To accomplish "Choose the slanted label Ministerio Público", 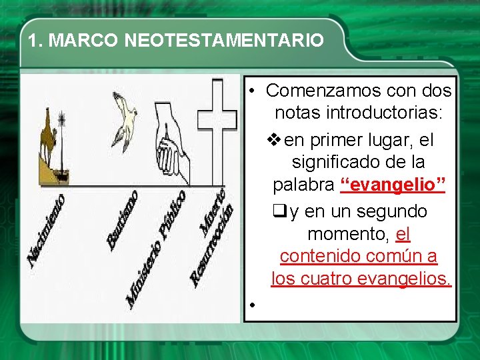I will tap(155, 250).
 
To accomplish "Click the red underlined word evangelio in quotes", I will tap(392, 185).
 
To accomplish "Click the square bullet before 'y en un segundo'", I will tap(280, 211).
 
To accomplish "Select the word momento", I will tap(349, 234).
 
